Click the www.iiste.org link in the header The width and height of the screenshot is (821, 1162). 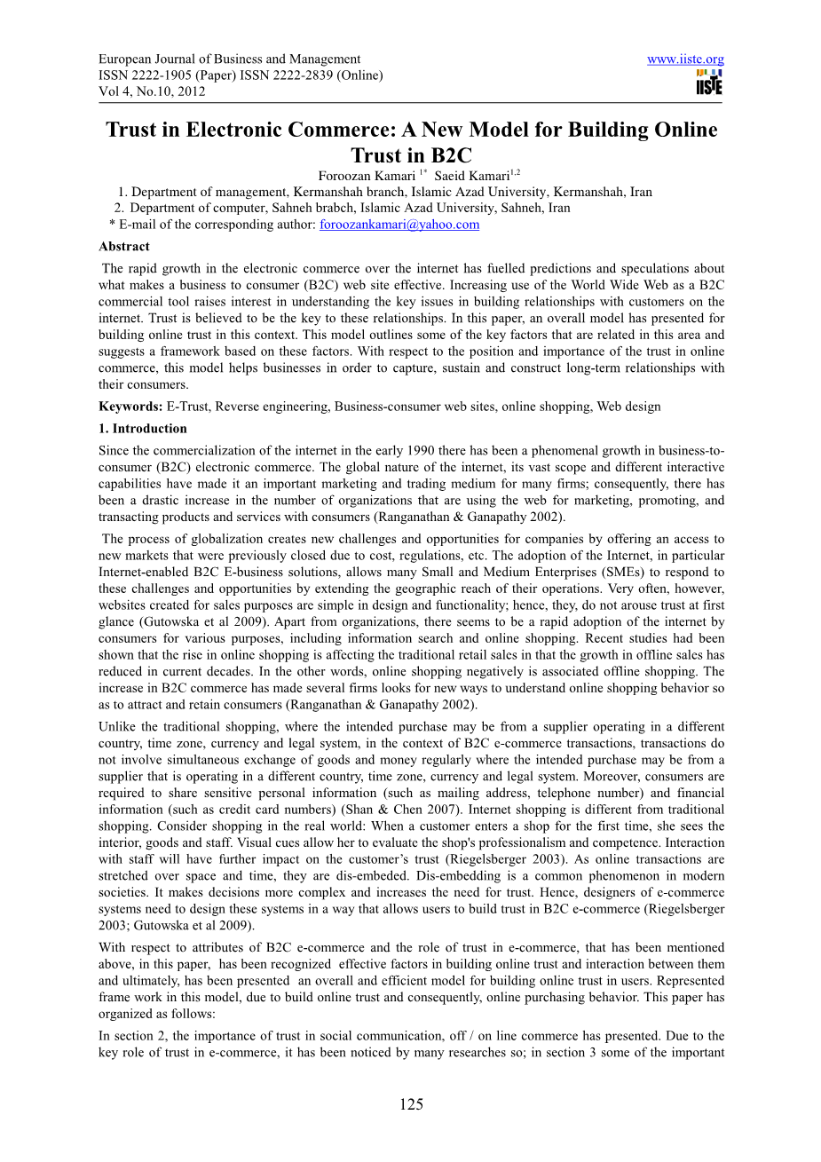pos(685,59)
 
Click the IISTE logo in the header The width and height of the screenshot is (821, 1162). pos(709,83)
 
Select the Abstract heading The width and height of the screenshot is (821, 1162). pos(124,247)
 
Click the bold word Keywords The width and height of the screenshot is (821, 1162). pos(130,407)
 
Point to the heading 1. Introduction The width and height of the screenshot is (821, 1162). pos(143,428)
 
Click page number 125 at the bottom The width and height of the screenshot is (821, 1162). pos(411,1104)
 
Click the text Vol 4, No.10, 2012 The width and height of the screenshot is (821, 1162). pos(152,91)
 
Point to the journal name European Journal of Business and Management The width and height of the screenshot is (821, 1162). pos(229,59)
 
